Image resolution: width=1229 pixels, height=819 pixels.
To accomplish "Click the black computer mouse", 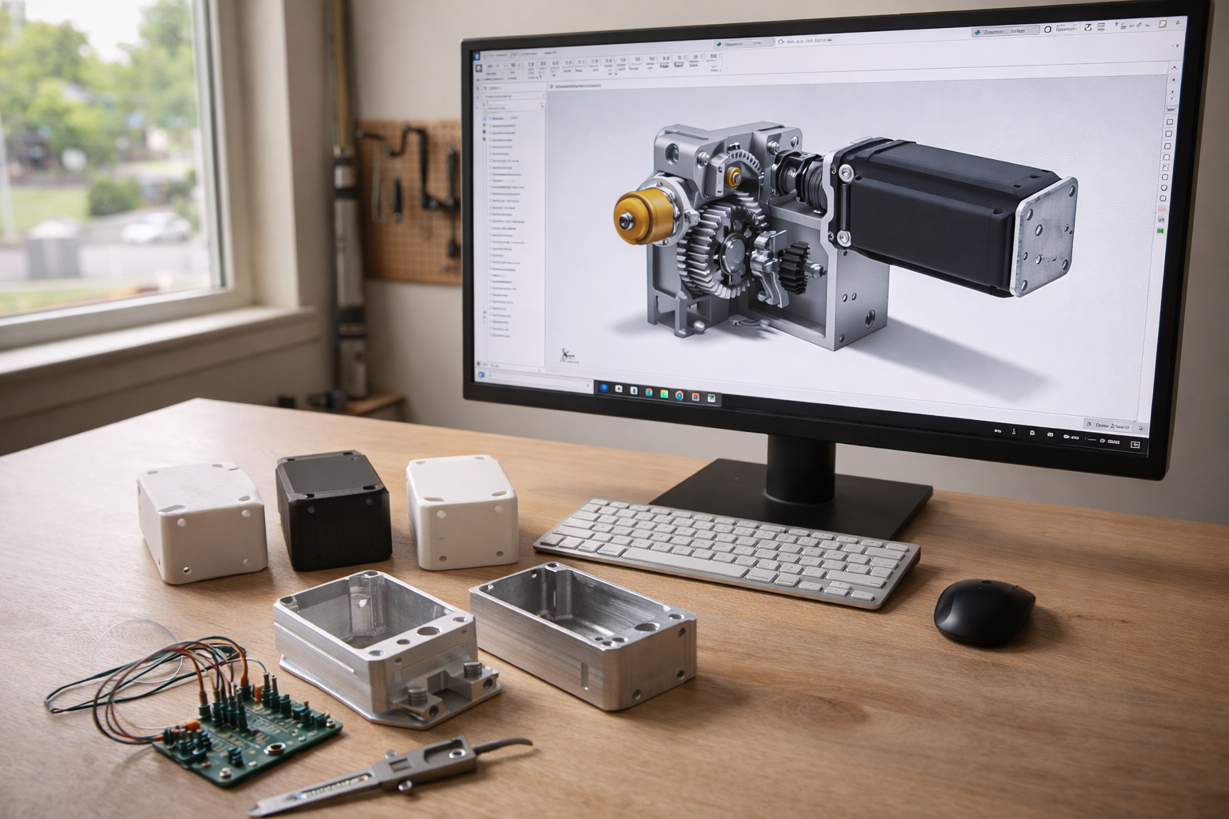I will click(984, 611).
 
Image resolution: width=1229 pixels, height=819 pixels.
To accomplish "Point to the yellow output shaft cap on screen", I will click(635, 212).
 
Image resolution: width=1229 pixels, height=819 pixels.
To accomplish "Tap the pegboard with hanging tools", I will click(408, 200).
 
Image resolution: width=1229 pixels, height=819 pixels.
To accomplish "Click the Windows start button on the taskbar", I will click(606, 389).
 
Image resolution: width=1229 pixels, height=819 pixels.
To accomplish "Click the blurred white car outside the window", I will click(157, 227).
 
